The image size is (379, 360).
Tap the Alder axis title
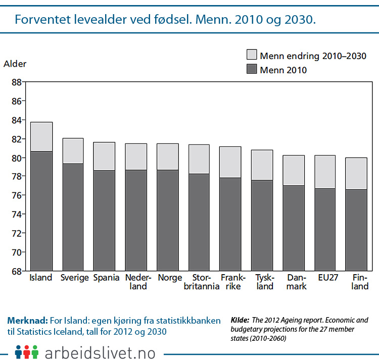tap(15, 64)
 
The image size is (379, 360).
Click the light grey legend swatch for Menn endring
tap(251, 55)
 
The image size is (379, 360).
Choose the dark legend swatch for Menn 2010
tap(251, 70)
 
